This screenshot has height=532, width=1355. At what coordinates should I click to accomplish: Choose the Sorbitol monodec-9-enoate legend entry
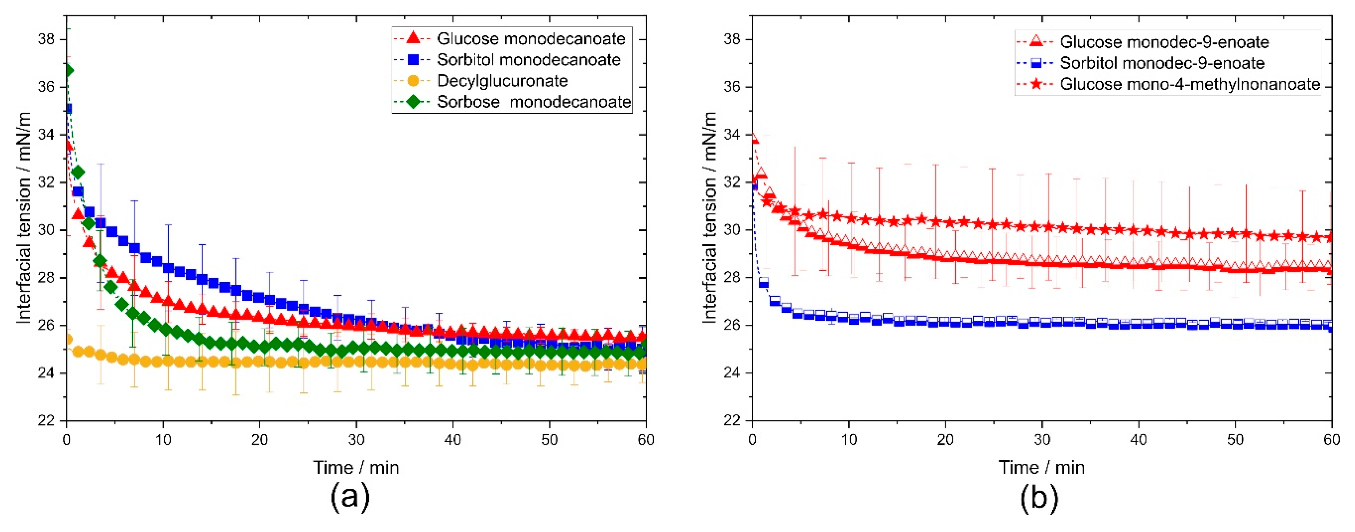click(x=1161, y=63)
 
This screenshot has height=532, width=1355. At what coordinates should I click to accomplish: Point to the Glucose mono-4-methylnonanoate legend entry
click(x=1190, y=84)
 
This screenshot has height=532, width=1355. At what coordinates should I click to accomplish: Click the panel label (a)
click(x=350, y=496)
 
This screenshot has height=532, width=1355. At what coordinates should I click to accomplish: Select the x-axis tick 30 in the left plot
click(x=356, y=440)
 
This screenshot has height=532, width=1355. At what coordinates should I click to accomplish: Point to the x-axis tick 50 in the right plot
click(x=1235, y=440)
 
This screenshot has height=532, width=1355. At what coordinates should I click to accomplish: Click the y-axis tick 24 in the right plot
click(x=732, y=373)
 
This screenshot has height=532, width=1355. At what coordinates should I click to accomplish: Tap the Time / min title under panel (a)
click(x=356, y=467)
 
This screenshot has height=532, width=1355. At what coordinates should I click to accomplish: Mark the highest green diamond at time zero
click(x=67, y=71)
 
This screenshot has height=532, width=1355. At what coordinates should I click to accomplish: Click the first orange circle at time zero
click(x=67, y=339)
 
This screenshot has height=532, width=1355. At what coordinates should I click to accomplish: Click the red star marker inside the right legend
click(x=1036, y=84)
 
